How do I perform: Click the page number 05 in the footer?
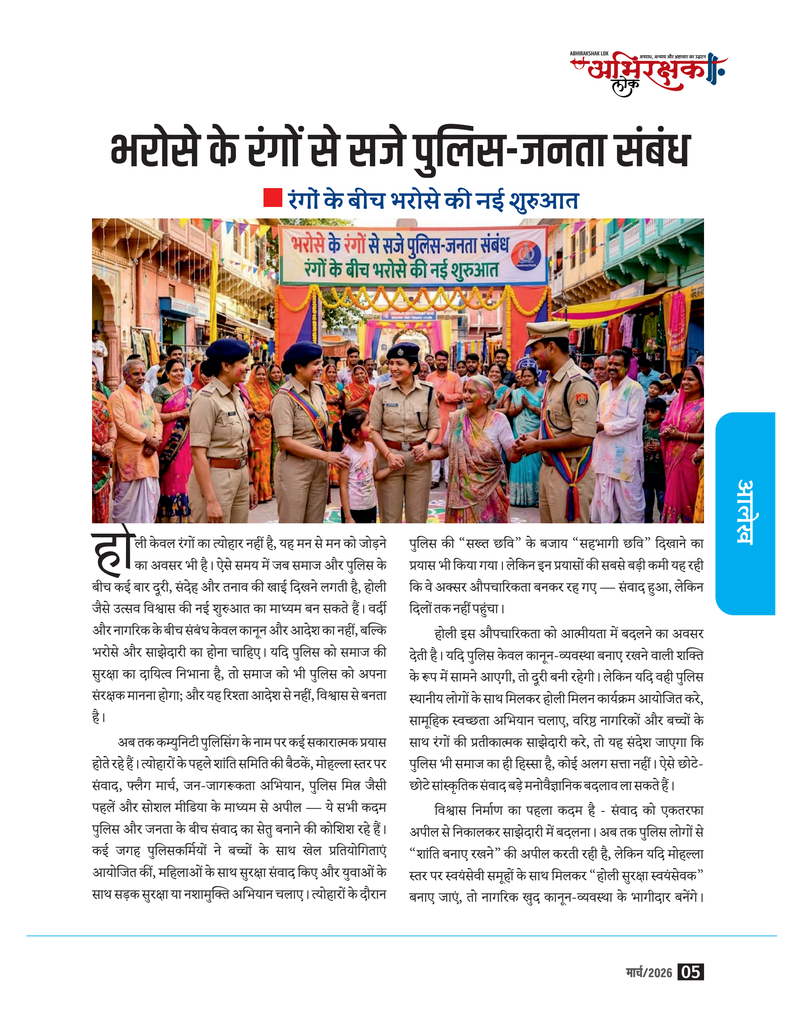[x=690, y=972]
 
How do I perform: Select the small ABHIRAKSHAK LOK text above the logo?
[x=589, y=54]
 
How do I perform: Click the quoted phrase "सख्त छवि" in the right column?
[x=490, y=544]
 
